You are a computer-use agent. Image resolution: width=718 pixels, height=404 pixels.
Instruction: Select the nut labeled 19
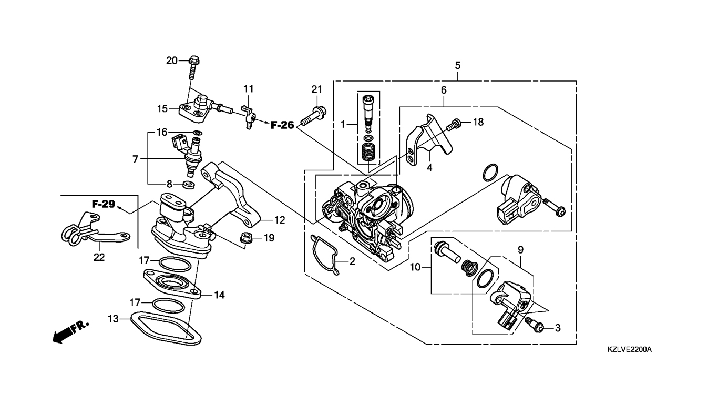246,238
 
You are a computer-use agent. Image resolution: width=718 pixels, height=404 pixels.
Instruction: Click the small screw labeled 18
454,125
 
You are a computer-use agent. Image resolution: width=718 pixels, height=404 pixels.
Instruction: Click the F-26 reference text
282,125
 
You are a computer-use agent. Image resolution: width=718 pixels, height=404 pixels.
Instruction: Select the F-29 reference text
104,204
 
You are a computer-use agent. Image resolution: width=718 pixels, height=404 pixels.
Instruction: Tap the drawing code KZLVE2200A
629,349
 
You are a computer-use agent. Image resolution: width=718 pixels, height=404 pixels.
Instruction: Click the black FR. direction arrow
70,332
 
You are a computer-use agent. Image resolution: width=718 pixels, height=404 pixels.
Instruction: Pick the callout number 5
458,65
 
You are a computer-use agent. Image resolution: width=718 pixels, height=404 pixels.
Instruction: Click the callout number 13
113,319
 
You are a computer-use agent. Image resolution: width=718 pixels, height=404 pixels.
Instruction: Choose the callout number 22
99,257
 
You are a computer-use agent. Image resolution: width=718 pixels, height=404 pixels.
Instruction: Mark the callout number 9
520,249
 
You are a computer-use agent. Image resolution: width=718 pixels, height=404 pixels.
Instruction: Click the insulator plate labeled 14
172,284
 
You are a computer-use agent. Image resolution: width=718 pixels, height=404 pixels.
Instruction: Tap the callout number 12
280,220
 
